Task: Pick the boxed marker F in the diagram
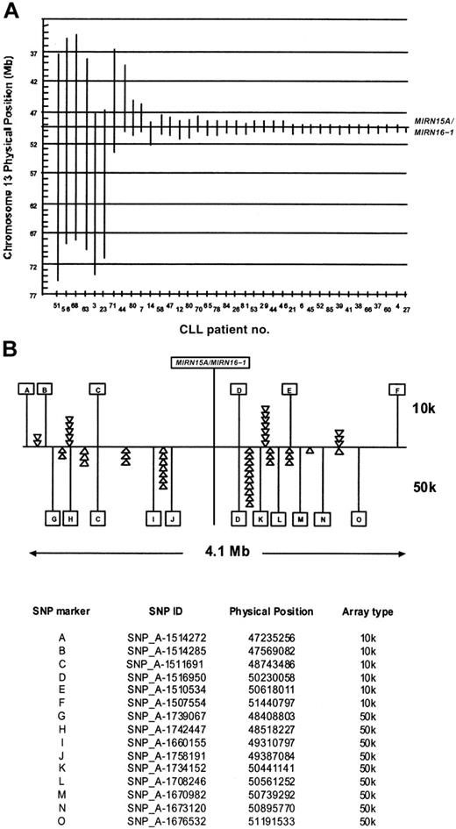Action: (x=400, y=389)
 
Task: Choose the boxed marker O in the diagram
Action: (x=360, y=518)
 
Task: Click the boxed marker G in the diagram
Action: (x=53, y=518)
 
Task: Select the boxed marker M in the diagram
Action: (x=300, y=518)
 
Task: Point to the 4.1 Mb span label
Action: (x=215, y=554)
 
